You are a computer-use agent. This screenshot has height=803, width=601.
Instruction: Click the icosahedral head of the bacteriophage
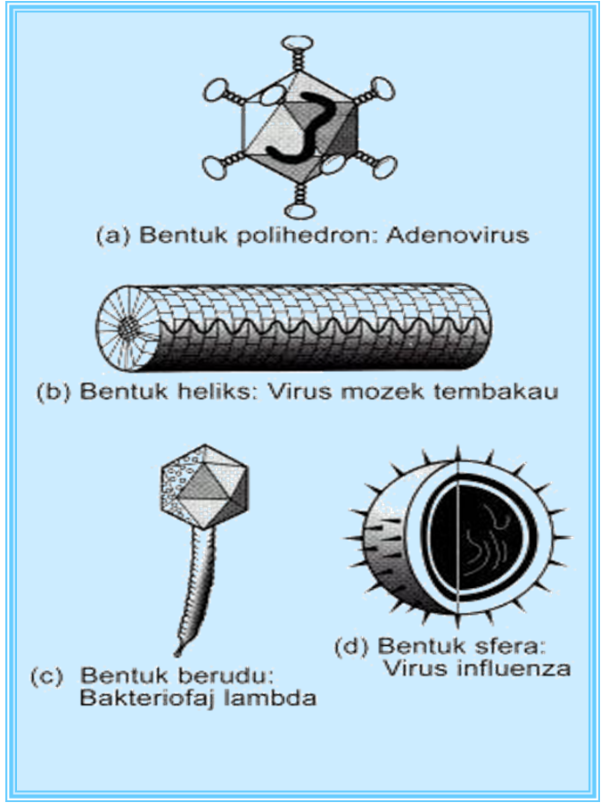click(208, 486)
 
